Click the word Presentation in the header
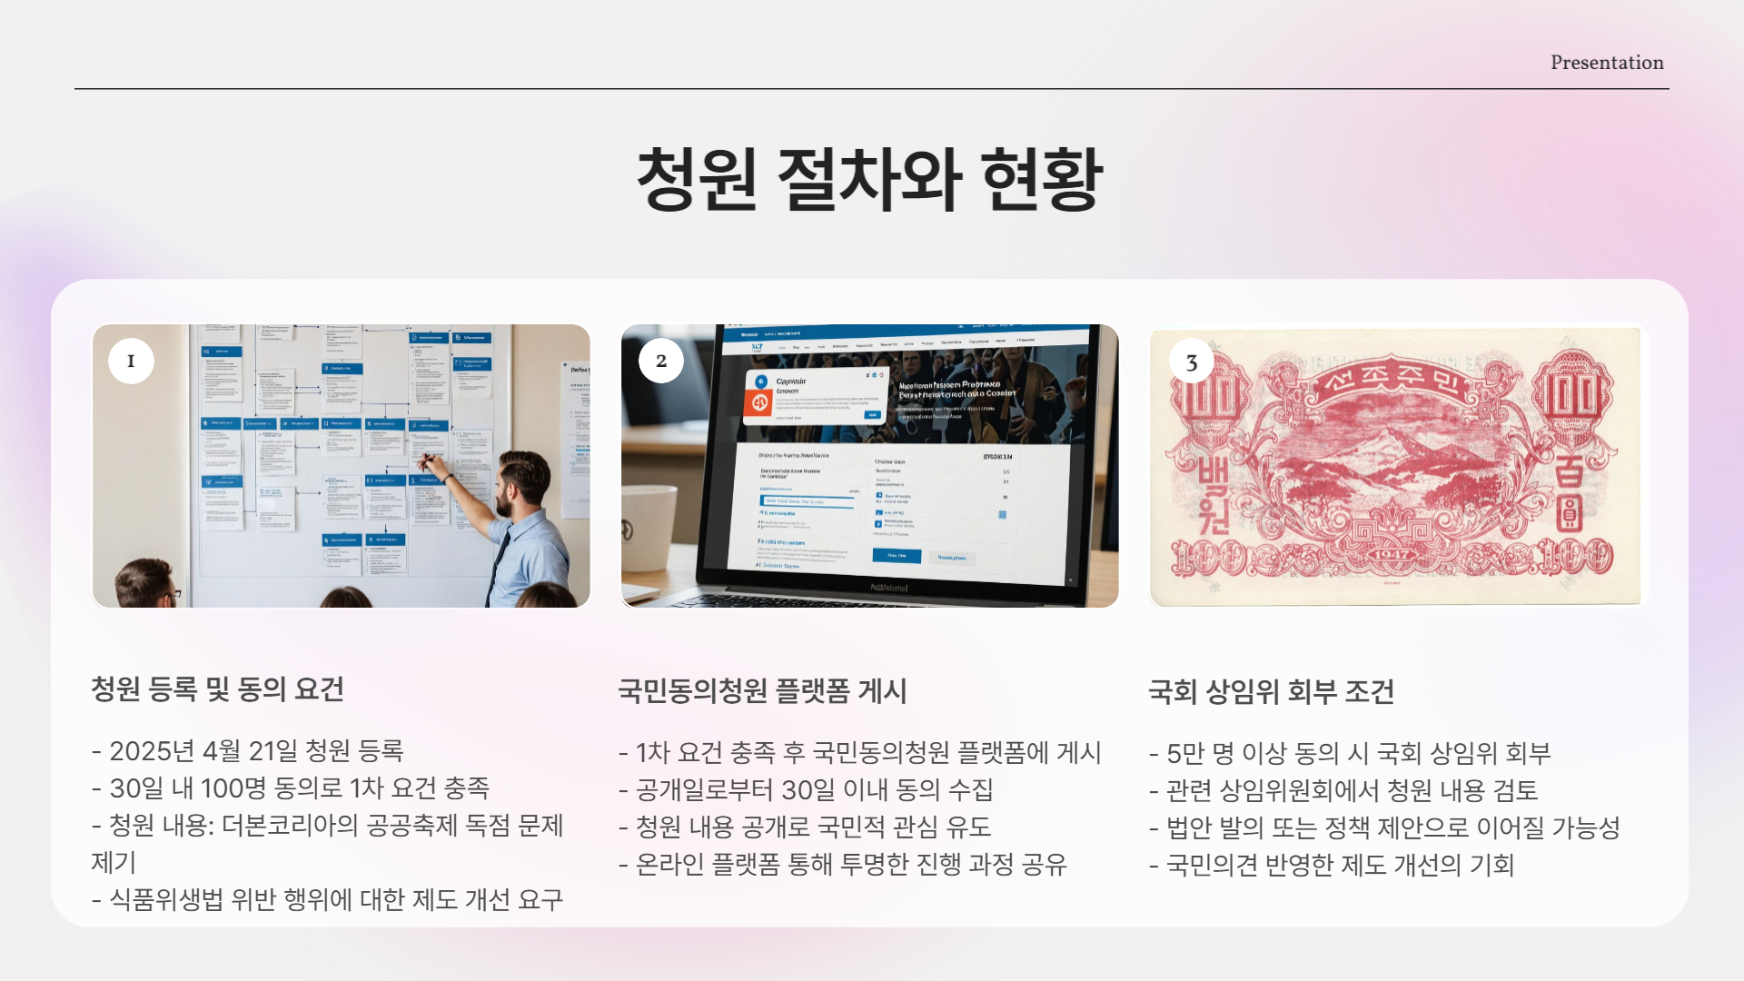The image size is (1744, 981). [1607, 63]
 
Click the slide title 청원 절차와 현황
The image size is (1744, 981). [869, 179]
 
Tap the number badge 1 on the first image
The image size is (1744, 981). [131, 361]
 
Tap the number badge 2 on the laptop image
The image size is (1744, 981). [661, 361]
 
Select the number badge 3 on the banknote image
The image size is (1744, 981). [1192, 362]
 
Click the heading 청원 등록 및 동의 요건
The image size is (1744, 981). [217, 689]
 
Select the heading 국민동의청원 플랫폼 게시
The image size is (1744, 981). [762, 691]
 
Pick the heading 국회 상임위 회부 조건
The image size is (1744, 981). [1271, 692]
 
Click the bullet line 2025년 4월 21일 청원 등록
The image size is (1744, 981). [248, 751]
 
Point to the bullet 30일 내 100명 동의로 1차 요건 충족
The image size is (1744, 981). [291, 788]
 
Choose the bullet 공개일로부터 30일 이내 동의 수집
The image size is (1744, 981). [806, 790]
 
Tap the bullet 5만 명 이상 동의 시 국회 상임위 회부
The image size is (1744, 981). [1350, 753]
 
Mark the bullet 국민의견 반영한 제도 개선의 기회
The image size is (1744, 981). [1332, 865]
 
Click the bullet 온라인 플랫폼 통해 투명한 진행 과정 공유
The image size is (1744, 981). [843, 864]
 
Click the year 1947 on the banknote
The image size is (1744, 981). [1391, 553]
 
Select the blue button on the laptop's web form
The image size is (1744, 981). [897, 555]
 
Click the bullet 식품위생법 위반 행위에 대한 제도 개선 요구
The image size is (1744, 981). [327, 899]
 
